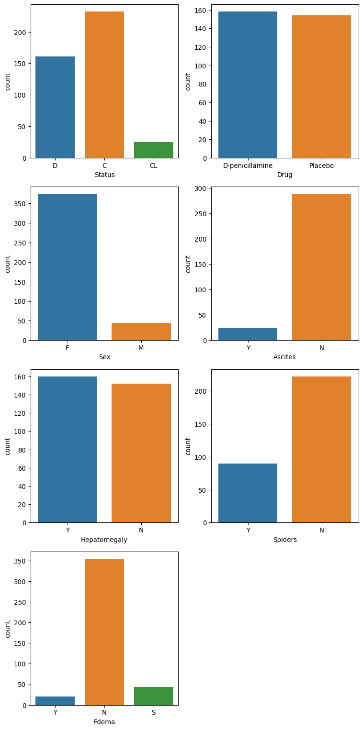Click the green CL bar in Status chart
tap(154, 150)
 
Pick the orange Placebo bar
tap(321, 87)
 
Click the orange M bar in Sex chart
tap(141, 332)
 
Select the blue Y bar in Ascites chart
tap(248, 334)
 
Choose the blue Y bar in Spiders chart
tap(248, 493)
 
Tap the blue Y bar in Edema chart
tap(55, 701)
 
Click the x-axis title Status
tap(104, 175)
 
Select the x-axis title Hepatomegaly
tap(104, 540)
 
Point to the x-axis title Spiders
tap(285, 540)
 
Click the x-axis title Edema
tap(104, 722)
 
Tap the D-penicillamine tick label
tap(248, 166)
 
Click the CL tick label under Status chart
tap(154, 166)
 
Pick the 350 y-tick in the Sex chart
tap(21, 204)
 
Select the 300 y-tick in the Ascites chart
tap(201, 188)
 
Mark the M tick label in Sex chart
tap(141, 348)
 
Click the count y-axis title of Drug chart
tap(188, 82)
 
